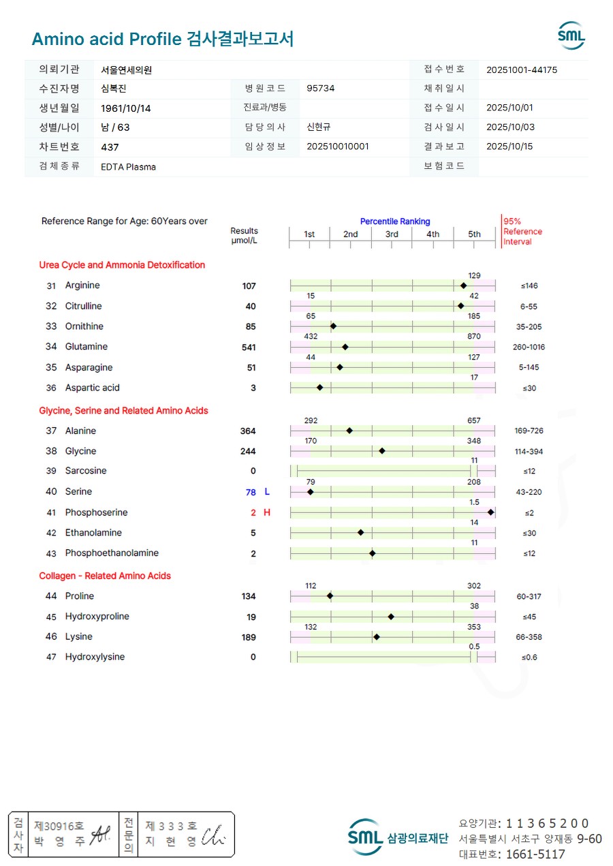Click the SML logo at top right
click(x=571, y=35)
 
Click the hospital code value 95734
click(x=321, y=88)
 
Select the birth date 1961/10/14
click(x=126, y=108)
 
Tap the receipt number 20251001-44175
click(x=522, y=69)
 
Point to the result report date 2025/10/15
click(x=509, y=146)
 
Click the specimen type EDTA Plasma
click(x=128, y=166)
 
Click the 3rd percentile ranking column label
click(x=392, y=234)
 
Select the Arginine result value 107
click(x=249, y=286)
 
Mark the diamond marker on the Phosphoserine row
click(x=490, y=512)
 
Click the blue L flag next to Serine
click(x=267, y=491)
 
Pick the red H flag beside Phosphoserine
click(x=267, y=512)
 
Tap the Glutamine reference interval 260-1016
click(x=529, y=347)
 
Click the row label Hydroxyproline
click(x=97, y=617)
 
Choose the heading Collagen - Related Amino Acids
click(x=105, y=576)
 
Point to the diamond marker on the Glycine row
click(x=382, y=450)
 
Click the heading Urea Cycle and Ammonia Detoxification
click(x=122, y=265)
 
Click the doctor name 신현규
click(x=319, y=127)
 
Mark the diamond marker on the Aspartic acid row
click(x=319, y=388)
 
